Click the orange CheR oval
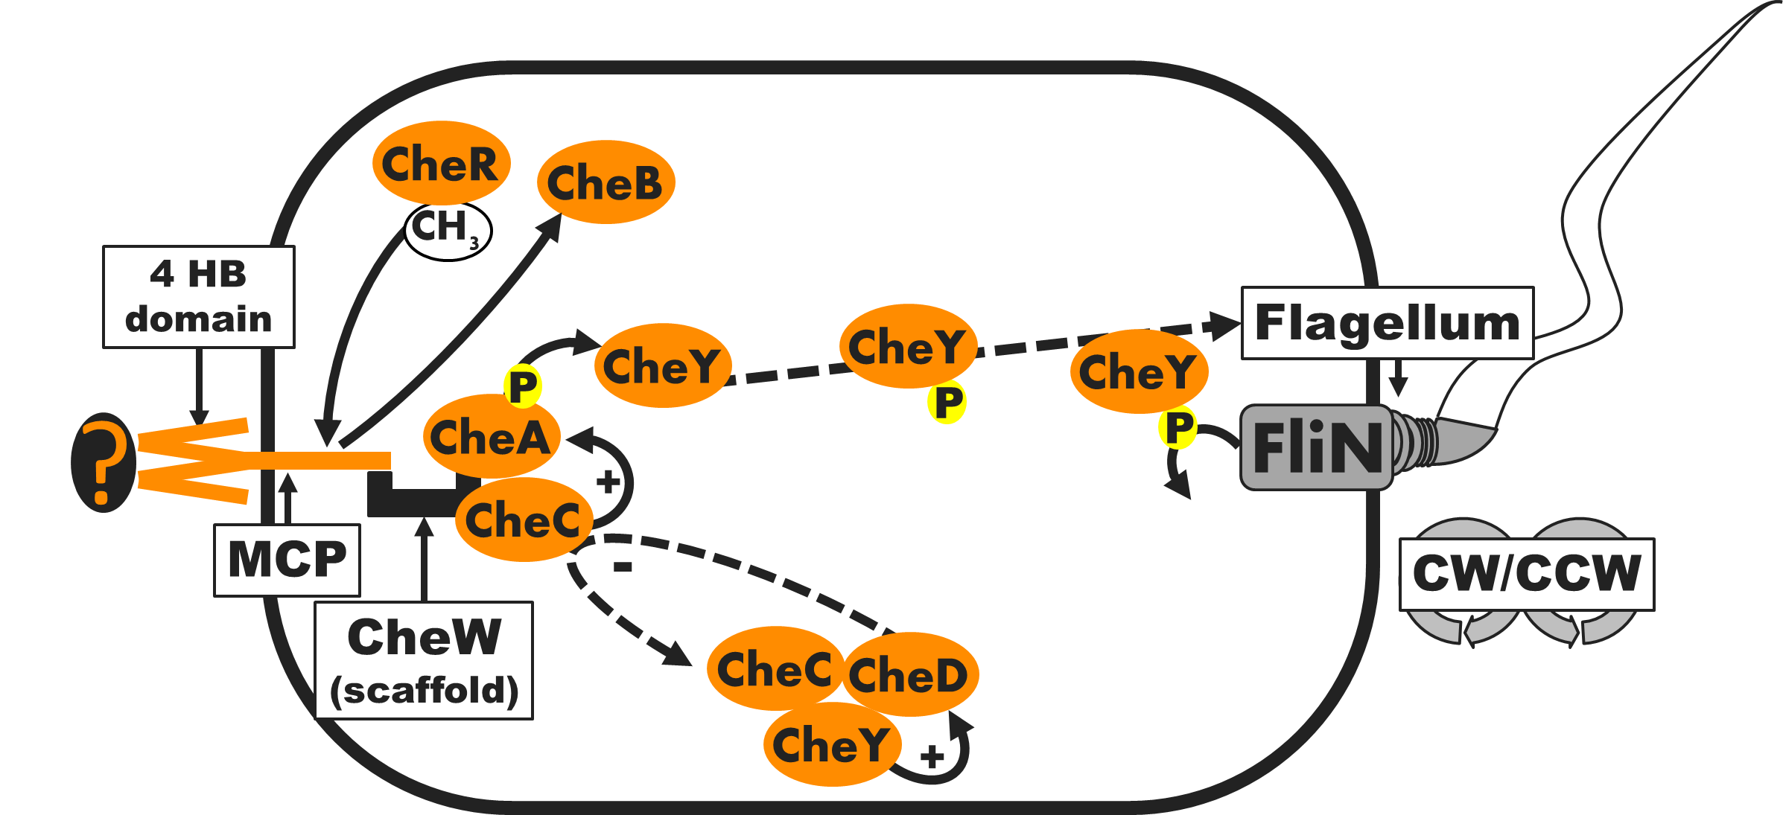(441, 163)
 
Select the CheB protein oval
(606, 182)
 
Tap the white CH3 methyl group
(448, 230)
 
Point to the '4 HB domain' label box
(198, 297)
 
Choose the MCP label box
(287, 560)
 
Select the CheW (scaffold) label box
(424, 661)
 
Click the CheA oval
(490, 438)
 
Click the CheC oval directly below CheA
(523, 520)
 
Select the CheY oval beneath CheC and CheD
(831, 744)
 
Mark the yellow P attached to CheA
(523, 386)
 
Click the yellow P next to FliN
(1177, 428)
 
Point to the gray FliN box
(1316, 447)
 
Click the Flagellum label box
(1387, 323)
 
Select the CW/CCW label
(1527, 574)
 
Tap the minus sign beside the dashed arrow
(623, 567)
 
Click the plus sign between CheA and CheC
(608, 482)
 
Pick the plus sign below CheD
(932, 758)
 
